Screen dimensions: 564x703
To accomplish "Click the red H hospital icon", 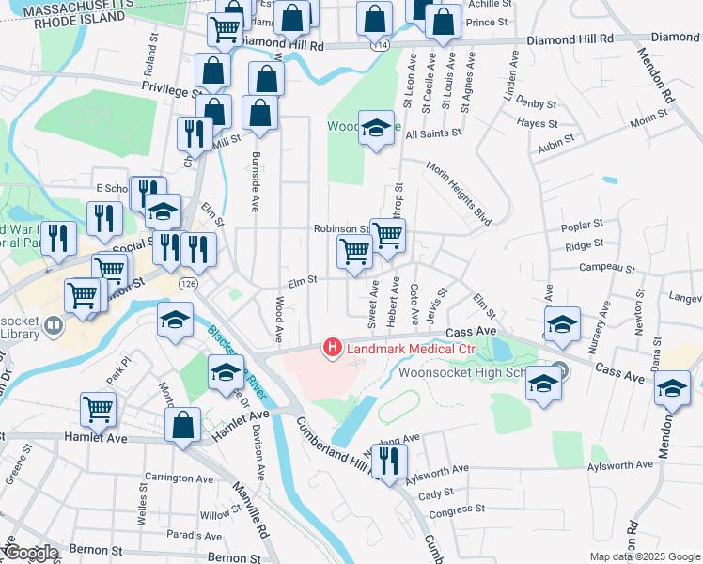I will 332,349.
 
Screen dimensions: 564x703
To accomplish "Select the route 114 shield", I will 380,44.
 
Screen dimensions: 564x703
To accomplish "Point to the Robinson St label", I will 341,228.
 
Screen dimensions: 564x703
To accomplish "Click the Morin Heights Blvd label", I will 460,193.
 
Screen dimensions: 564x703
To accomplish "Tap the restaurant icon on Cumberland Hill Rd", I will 384,461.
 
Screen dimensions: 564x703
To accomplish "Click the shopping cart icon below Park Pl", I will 99,410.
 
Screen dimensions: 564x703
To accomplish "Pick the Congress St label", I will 458,510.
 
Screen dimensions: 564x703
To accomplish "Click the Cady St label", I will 435,492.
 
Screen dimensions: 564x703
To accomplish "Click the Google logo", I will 31,553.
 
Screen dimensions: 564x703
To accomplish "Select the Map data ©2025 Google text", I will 644,556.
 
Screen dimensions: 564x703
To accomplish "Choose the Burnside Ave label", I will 254,179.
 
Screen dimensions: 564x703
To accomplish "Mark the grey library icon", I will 54,326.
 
